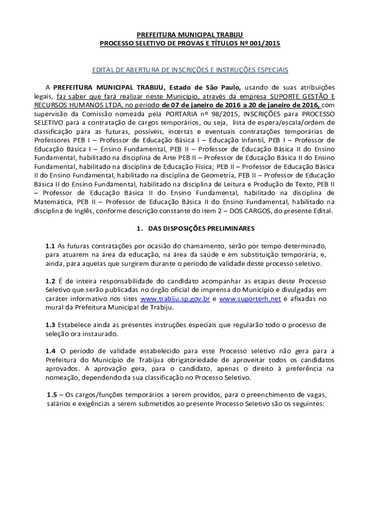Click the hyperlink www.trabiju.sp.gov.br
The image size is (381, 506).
[176, 299]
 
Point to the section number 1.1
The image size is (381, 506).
[50, 246]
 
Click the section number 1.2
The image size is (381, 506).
[50, 281]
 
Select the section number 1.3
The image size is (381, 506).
[50, 325]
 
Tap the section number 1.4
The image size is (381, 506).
[50, 351]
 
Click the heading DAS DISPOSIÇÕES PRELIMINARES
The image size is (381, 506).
[201, 229]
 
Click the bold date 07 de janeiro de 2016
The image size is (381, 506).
[197, 105]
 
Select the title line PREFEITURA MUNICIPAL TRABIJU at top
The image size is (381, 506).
[190, 35]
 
